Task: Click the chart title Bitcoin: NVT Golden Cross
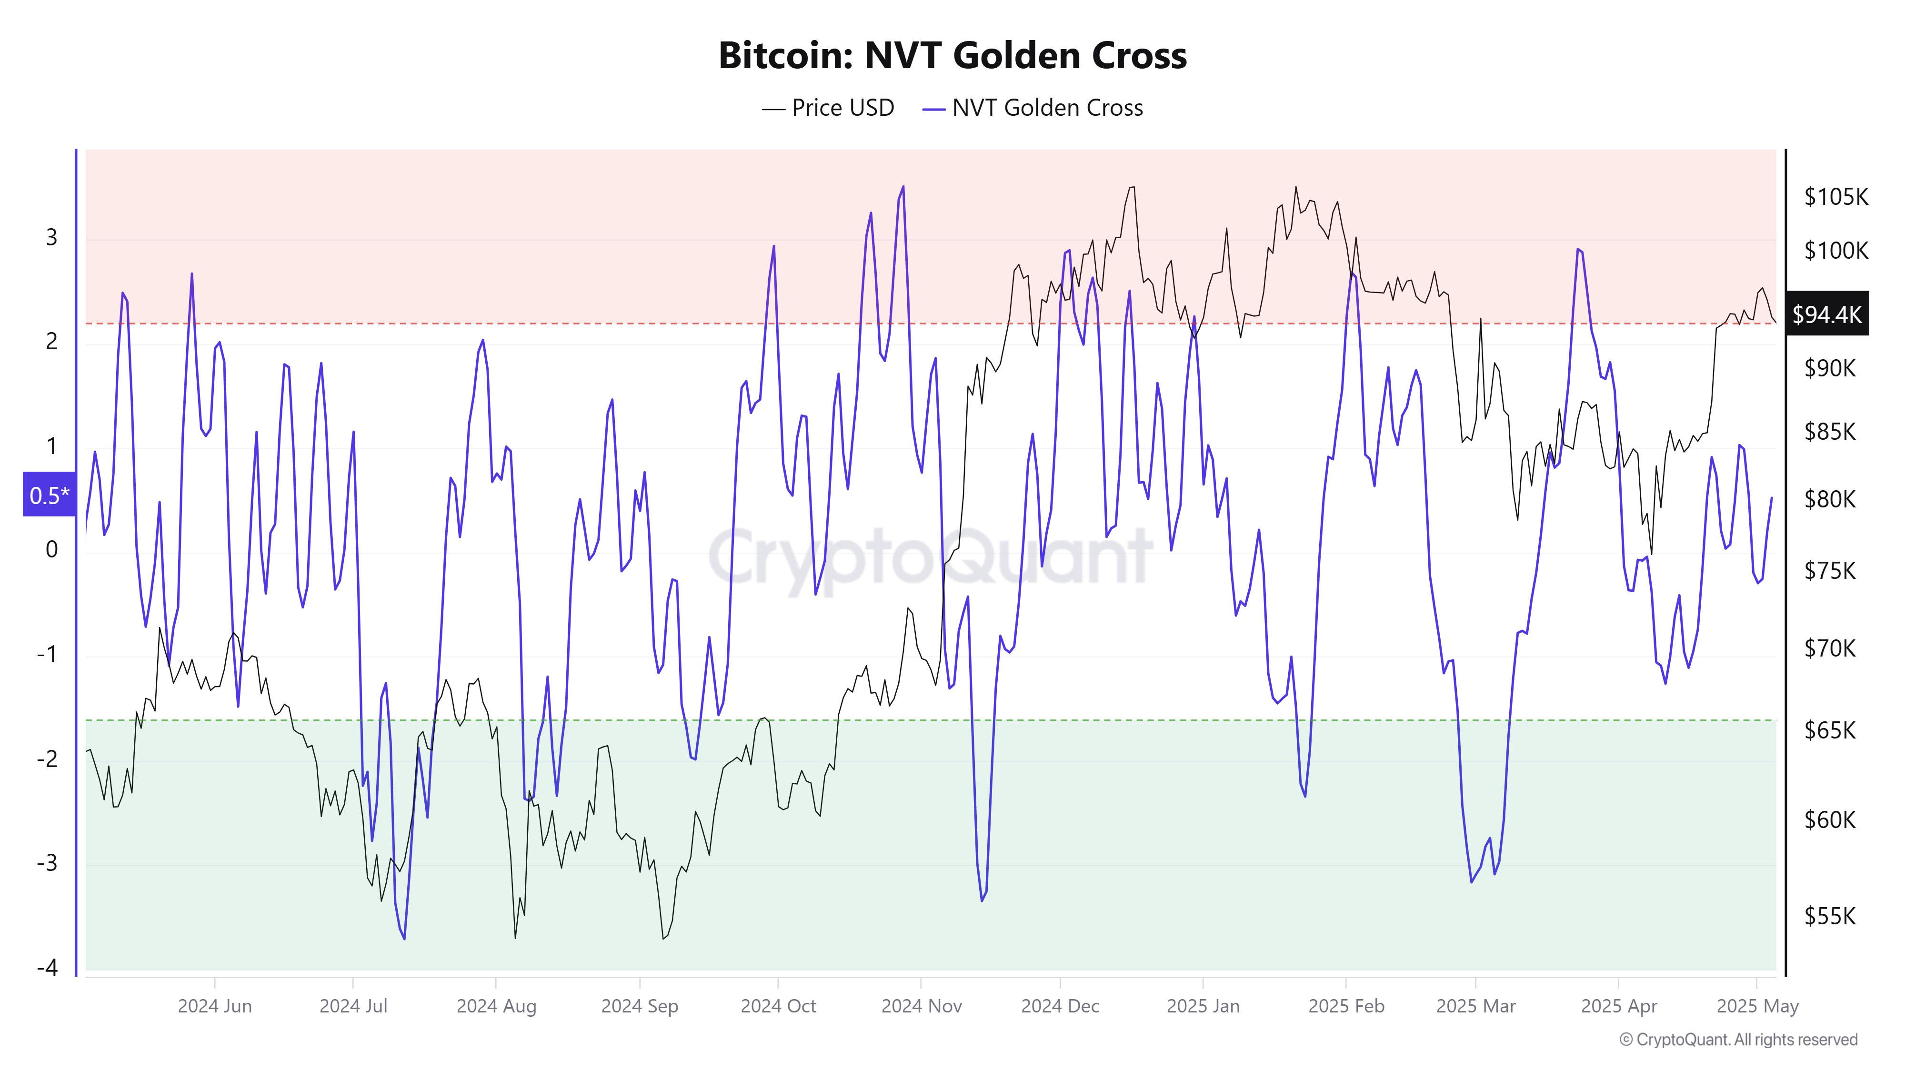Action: (x=952, y=55)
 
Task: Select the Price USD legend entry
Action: (x=828, y=108)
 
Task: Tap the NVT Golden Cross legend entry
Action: (x=1033, y=108)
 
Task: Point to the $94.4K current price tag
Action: (x=1826, y=314)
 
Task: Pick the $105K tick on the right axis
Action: (x=1835, y=197)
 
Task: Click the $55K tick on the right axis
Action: (x=1830, y=916)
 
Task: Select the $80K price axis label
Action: (x=1830, y=499)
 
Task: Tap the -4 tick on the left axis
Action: (x=47, y=967)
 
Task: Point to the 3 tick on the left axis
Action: (x=52, y=237)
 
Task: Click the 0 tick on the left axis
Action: (x=52, y=549)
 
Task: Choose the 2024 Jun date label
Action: (x=214, y=1006)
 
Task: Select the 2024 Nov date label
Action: (x=922, y=1006)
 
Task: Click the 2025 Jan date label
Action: (x=1203, y=1006)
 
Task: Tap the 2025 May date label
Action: (x=1757, y=1006)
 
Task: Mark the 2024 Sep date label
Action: (x=640, y=1006)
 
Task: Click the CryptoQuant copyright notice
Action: (x=1738, y=1040)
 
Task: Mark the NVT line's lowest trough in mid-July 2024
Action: (x=404, y=939)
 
